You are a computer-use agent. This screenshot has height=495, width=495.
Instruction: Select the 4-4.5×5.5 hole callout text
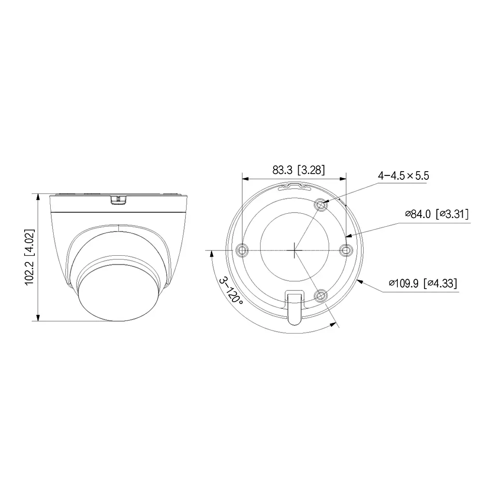403,175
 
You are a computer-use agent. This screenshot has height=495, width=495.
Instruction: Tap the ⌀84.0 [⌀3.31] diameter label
437,214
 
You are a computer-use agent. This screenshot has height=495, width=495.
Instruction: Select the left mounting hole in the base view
242,250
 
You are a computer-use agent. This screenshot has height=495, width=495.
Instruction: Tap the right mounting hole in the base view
345,250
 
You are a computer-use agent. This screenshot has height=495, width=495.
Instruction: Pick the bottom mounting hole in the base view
320,295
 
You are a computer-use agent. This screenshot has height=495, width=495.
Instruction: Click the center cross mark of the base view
294,250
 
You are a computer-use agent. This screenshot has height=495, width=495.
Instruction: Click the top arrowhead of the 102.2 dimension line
38,196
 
